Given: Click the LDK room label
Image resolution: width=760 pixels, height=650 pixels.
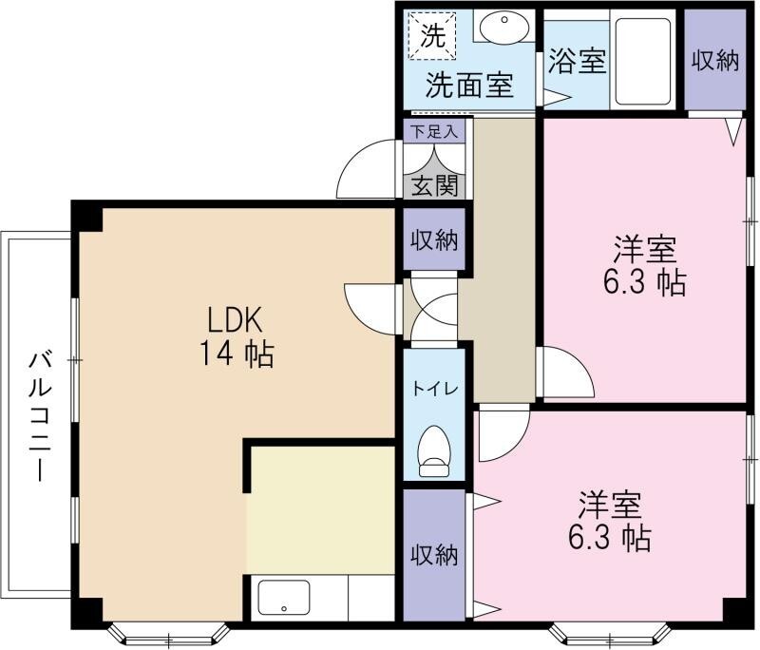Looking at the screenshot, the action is (x=235, y=320).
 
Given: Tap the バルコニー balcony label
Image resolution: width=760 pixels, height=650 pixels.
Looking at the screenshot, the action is (x=40, y=417).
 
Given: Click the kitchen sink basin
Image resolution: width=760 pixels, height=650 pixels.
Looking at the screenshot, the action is (x=283, y=598).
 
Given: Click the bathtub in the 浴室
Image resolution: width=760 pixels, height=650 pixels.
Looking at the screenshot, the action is (x=643, y=62).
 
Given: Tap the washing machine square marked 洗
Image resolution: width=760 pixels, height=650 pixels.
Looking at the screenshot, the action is (x=432, y=36).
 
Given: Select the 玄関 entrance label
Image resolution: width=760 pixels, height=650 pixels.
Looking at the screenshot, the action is (x=434, y=185).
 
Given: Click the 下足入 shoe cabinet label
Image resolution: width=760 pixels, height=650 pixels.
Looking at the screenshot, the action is (x=434, y=131).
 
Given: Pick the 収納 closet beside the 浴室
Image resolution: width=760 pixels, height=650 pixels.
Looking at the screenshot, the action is (x=715, y=61).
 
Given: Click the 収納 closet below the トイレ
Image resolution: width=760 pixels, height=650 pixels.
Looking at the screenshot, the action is (x=434, y=555).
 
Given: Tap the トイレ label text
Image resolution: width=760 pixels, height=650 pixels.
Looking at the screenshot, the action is (x=435, y=389).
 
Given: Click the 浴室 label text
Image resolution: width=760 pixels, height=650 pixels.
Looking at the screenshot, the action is (x=577, y=61).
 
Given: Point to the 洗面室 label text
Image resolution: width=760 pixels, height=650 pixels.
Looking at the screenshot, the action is (x=469, y=86).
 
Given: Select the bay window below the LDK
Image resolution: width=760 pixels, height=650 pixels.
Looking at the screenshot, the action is (x=168, y=634).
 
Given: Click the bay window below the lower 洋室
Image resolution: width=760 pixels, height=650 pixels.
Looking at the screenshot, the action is (x=611, y=634).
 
